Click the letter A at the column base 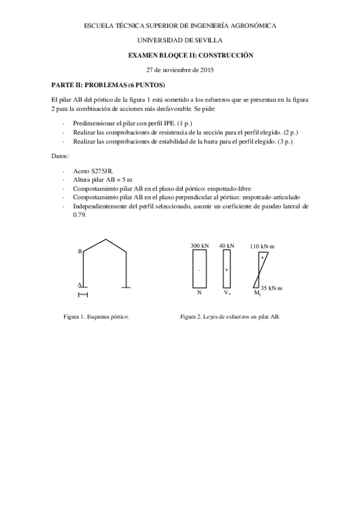coord(79,284)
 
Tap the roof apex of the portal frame coord(105,239)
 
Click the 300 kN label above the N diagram coord(199,246)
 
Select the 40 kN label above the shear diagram coord(227,246)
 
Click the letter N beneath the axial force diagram coord(199,293)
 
